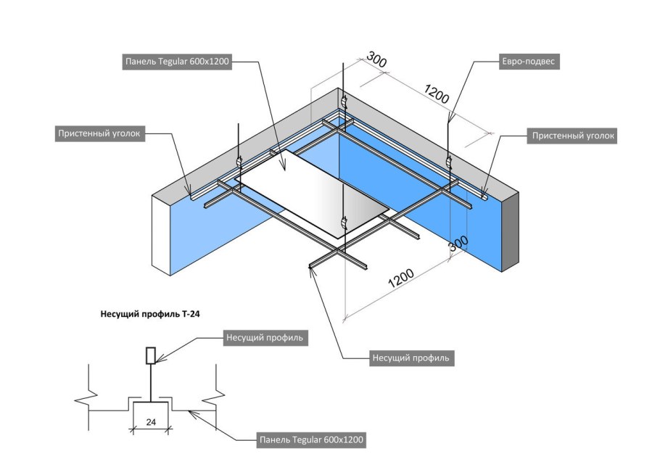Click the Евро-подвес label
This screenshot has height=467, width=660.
[527, 62]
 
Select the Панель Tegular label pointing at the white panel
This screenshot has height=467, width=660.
[177, 62]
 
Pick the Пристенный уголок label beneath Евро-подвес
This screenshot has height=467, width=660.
[572, 135]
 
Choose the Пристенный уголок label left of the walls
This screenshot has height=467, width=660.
[102, 133]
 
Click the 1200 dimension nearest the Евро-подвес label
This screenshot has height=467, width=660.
[437, 94]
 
